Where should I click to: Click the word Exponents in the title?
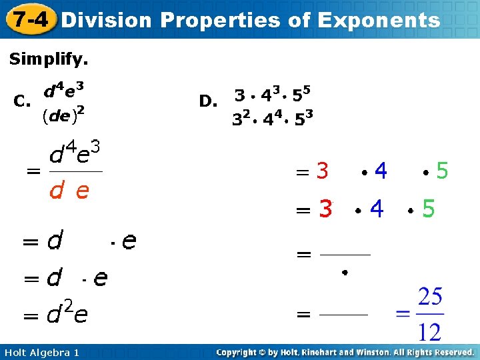coord(379,20)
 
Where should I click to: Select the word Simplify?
coord(48,59)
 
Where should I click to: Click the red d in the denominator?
coord(57,192)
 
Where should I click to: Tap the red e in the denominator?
coord(83,192)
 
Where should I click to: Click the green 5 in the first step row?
coord(441,172)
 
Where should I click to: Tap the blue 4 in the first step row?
coord(381,172)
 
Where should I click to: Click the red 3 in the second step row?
coord(325,209)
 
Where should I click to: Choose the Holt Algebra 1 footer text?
coord(41,352)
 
